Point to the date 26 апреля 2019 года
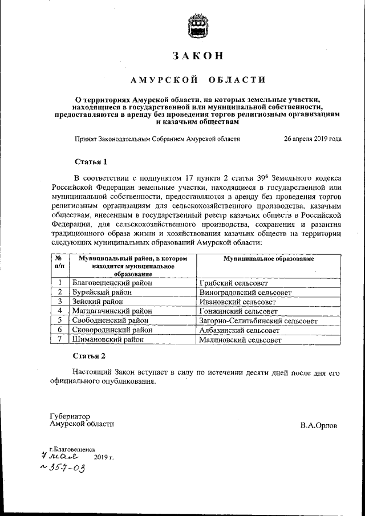(x=313, y=138)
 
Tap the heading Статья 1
(x=90, y=161)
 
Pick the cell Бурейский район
(x=98, y=292)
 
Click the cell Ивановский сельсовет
(x=237, y=301)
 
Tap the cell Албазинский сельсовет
(x=239, y=330)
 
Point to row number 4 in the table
(x=59, y=311)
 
